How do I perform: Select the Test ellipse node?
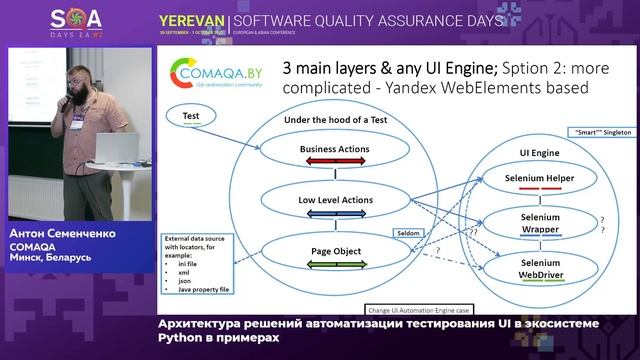(190, 116)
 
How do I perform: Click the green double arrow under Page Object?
(334, 265)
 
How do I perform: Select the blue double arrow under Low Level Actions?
(334, 214)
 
